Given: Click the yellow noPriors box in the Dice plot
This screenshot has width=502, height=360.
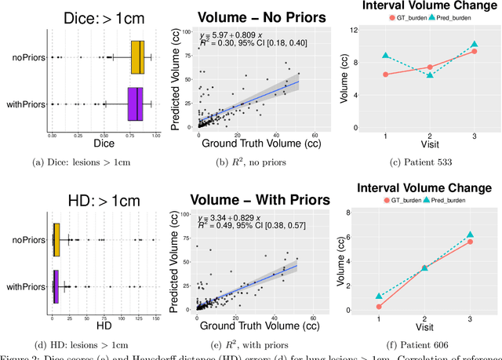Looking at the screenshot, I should point(136,57).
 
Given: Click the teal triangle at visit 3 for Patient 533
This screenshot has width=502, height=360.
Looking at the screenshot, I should point(474,45).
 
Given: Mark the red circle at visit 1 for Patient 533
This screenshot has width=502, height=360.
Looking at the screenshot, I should point(385,75).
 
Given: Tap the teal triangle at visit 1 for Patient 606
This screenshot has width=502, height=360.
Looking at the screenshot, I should point(380,296).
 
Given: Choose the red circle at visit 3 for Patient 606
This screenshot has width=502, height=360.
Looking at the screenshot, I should point(471,242).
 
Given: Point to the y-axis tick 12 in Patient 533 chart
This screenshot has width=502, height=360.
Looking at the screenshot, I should point(355,30).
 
